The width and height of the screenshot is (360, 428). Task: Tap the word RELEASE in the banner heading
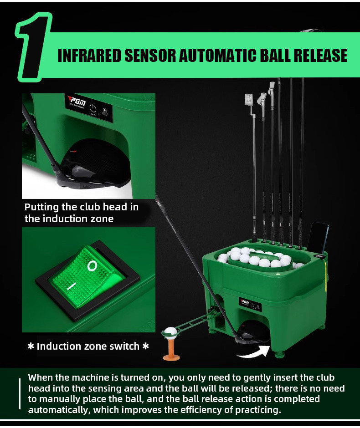tap(319, 55)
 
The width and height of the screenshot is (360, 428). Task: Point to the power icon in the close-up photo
tap(93, 109)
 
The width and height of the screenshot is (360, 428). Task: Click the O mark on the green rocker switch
tap(93, 265)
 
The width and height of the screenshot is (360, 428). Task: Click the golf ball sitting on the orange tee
tap(170, 333)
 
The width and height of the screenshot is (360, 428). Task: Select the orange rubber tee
tap(171, 351)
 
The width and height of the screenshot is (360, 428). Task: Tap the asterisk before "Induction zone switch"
tap(31, 346)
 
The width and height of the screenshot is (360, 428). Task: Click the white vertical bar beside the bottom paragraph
tap(20, 394)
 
